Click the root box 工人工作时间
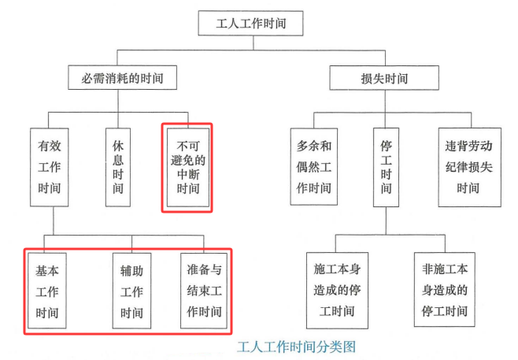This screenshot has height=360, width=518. tap(250, 23)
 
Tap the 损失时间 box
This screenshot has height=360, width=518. tap(383, 78)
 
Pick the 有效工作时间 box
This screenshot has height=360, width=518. tap(49, 166)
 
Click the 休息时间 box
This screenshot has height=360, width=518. tap(117, 166)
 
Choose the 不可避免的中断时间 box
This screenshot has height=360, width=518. tap(187, 167)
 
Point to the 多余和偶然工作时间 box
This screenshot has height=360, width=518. tap(313, 166)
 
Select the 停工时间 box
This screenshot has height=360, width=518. tap(386, 166)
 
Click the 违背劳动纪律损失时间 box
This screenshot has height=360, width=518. tap(469, 166)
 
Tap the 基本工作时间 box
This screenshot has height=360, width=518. tap(47, 291)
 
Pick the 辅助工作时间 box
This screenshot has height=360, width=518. tap(132, 291)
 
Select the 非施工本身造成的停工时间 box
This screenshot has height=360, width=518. tap(446, 290)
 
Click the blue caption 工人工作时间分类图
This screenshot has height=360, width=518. tap(298, 346)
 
